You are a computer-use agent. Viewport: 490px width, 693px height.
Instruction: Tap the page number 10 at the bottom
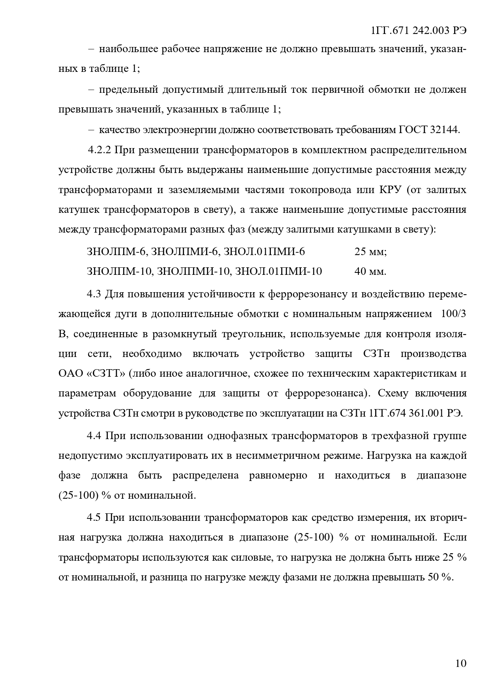point(460,663)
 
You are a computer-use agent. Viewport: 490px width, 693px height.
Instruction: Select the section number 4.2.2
point(100,150)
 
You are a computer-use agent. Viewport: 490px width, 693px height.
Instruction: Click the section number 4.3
point(94,294)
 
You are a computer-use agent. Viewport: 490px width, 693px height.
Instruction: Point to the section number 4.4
point(94,436)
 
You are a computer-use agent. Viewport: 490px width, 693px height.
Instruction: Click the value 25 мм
point(370,252)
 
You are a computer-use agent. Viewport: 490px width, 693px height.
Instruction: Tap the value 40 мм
point(370,271)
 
